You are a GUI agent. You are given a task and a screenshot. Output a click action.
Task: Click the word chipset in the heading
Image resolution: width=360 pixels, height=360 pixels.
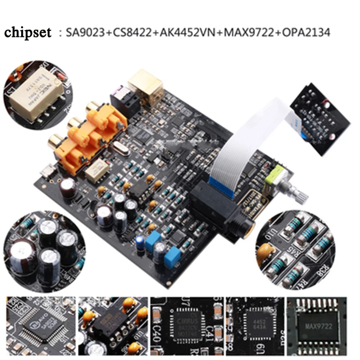click(x=28, y=32)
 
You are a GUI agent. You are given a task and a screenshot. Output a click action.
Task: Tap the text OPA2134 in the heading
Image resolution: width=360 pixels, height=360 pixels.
click(x=306, y=32)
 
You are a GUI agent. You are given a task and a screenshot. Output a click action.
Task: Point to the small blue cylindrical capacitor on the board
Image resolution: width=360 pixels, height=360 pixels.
click(x=140, y=242)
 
